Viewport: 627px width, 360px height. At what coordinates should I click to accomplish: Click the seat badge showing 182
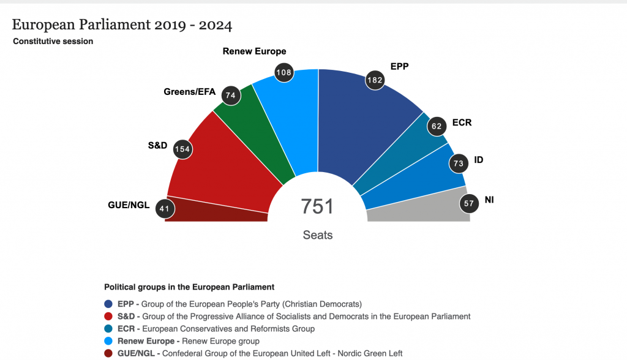click(375, 80)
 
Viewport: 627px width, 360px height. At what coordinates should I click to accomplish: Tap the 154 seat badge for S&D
click(182, 149)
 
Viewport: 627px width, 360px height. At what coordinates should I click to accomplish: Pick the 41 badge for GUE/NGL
click(164, 208)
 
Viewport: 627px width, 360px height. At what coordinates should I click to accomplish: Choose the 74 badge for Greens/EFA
click(231, 96)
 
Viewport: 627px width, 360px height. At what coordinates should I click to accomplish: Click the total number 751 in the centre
click(317, 207)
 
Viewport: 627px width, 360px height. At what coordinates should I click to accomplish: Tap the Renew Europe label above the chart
click(254, 51)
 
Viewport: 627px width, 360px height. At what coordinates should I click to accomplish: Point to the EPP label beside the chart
click(399, 66)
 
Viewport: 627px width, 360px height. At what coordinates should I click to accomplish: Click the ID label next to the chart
click(479, 160)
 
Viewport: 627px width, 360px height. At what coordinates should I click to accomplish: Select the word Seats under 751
click(317, 234)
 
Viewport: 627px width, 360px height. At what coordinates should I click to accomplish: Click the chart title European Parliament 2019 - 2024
click(122, 25)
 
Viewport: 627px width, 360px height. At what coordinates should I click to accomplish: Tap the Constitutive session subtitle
click(53, 42)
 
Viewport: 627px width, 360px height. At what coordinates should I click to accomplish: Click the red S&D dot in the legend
click(109, 317)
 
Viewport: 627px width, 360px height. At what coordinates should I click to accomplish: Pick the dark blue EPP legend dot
click(109, 304)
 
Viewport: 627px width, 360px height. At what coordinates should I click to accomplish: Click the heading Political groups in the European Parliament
click(189, 287)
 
